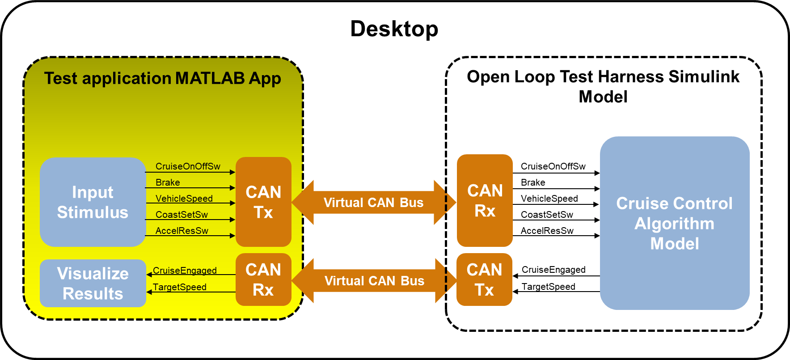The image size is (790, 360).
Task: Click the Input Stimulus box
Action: pos(93,202)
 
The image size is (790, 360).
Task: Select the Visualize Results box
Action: pos(93,284)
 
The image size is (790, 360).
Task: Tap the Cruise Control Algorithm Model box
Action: pos(674,223)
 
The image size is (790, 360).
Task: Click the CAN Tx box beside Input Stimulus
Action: pos(263,202)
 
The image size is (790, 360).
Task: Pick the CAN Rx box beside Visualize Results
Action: pos(263,280)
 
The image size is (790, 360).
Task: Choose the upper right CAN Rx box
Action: pos(485,201)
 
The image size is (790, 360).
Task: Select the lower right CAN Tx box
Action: pos(484,280)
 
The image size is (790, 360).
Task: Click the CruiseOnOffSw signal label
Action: pos(188,166)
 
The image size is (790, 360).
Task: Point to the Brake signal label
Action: pos(168,182)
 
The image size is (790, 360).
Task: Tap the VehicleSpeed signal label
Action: pos(184,199)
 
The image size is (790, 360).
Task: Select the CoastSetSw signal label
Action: pos(182,215)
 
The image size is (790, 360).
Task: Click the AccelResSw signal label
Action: pos(182,231)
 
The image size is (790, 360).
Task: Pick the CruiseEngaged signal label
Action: pos(185,271)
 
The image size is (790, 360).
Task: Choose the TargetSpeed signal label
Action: pos(180,287)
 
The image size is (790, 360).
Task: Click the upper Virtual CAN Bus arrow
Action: pos(373,203)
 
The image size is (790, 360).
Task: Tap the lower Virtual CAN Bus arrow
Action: pos(374,281)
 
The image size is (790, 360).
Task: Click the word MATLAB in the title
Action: pos(210,78)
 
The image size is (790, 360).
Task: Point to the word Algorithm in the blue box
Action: pos(674,224)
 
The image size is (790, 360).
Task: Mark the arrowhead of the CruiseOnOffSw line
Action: pos(232,172)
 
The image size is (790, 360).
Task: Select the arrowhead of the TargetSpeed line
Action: pos(149,292)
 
